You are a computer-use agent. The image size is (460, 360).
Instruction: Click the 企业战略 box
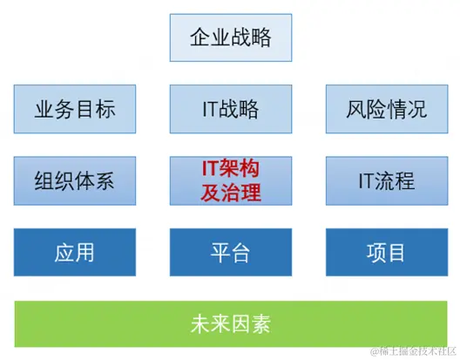point(231,37)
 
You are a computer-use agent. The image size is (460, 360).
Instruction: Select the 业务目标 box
point(75,109)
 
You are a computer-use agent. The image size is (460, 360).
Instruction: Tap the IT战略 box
point(231,109)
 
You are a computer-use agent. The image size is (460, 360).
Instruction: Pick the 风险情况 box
point(387,109)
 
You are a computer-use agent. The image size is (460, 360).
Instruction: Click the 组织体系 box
point(75,180)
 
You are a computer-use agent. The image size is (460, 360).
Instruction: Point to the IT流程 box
point(387,180)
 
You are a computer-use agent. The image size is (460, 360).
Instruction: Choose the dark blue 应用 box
point(75,252)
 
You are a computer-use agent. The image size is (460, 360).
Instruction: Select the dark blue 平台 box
point(231,252)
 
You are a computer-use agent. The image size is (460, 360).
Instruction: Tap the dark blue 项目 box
point(387,252)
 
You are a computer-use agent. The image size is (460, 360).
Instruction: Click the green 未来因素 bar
point(231,324)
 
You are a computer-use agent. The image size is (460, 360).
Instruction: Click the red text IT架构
point(231,168)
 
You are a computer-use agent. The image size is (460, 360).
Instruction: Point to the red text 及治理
point(231,193)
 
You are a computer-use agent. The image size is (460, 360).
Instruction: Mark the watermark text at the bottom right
point(414,351)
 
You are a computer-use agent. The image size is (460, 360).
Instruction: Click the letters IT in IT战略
point(210,109)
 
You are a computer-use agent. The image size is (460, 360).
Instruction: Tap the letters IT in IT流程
point(366,180)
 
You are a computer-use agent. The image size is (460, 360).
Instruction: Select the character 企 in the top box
point(200,37)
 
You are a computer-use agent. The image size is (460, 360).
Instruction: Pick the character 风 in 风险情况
point(356,109)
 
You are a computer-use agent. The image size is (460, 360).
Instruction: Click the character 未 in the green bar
point(200,324)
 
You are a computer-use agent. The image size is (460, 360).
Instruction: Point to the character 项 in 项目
point(376,253)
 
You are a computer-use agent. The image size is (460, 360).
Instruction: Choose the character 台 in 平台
point(240,253)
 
